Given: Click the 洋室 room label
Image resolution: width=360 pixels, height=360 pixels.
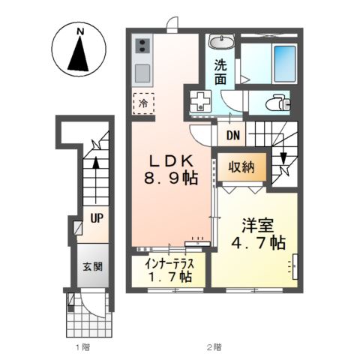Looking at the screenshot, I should (x=256, y=223).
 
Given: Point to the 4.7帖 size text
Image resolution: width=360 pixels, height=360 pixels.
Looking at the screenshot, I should (x=256, y=243).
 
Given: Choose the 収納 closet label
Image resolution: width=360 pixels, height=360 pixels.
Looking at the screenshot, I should (x=241, y=166).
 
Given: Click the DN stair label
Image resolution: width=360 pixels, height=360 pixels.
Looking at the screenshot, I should (x=233, y=136).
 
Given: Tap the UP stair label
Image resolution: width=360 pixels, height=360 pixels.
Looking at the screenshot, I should (x=97, y=218).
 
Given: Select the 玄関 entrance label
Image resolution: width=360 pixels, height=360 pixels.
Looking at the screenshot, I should (x=93, y=265).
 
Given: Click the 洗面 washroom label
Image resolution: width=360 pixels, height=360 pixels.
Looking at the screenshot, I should (x=220, y=70).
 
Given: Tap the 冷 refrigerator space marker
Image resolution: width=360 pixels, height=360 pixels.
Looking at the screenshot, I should (x=142, y=102).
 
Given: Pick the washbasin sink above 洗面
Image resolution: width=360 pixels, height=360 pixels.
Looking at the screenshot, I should (x=220, y=42).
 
